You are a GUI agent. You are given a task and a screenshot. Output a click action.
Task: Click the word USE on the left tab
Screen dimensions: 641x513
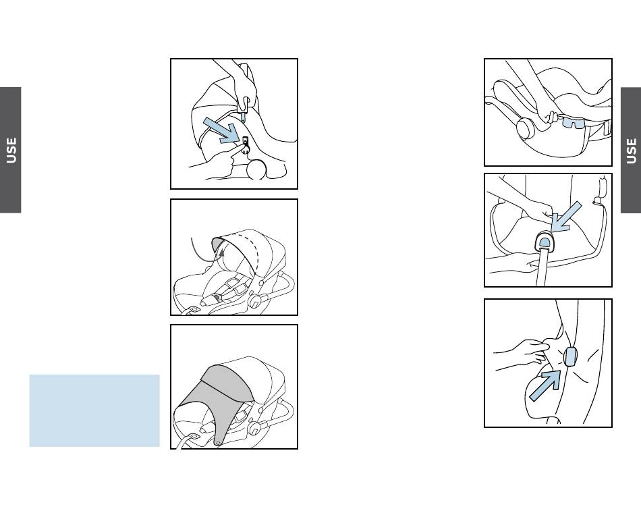(x=11, y=150)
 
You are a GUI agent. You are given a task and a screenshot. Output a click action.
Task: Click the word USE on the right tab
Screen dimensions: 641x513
(x=631, y=151)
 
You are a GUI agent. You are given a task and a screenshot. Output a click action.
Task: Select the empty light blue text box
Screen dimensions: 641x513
(x=94, y=410)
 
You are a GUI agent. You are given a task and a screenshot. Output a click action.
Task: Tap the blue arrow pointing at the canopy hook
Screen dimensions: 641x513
(x=222, y=130)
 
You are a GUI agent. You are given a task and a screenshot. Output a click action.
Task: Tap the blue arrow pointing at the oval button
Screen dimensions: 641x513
(x=545, y=385)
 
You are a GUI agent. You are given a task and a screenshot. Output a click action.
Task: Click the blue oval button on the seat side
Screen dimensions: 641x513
(x=570, y=356)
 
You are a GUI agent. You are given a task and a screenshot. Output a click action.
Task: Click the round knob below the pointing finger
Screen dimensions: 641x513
(x=256, y=169)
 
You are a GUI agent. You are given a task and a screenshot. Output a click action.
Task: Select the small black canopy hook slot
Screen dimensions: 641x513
(x=246, y=141)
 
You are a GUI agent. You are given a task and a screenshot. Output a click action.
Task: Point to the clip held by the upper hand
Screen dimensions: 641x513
(x=243, y=109)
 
